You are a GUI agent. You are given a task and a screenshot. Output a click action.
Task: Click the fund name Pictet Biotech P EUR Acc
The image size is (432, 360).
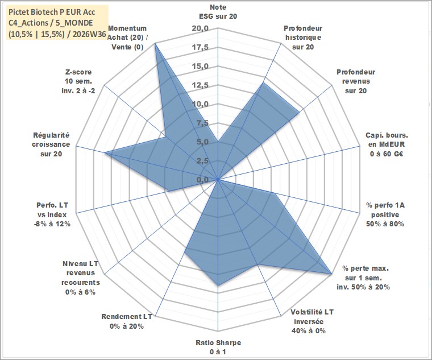[52, 12]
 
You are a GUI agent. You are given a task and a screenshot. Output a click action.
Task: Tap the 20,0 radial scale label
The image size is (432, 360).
[200, 28]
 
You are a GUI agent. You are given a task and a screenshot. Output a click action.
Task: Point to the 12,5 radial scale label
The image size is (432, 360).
[200, 85]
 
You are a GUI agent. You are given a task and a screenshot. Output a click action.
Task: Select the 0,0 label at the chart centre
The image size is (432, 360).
[202, 180]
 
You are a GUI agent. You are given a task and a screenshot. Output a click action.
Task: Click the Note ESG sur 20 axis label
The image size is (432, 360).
[218, 11]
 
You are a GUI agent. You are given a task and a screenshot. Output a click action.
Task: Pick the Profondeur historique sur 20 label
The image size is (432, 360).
[303, 38]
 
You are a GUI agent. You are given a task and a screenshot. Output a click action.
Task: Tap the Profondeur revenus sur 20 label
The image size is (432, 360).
[356, 81]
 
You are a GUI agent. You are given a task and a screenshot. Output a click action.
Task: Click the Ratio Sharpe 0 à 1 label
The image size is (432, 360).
[218, 347]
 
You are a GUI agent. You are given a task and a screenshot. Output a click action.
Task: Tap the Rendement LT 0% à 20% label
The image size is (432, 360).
[127, 321]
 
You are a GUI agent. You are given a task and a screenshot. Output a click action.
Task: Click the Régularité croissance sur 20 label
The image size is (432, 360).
[51, 144]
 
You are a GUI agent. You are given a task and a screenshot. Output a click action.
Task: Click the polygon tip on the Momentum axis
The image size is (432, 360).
[155, 43]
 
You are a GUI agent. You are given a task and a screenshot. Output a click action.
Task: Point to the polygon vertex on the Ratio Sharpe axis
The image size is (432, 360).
[218, 285]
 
